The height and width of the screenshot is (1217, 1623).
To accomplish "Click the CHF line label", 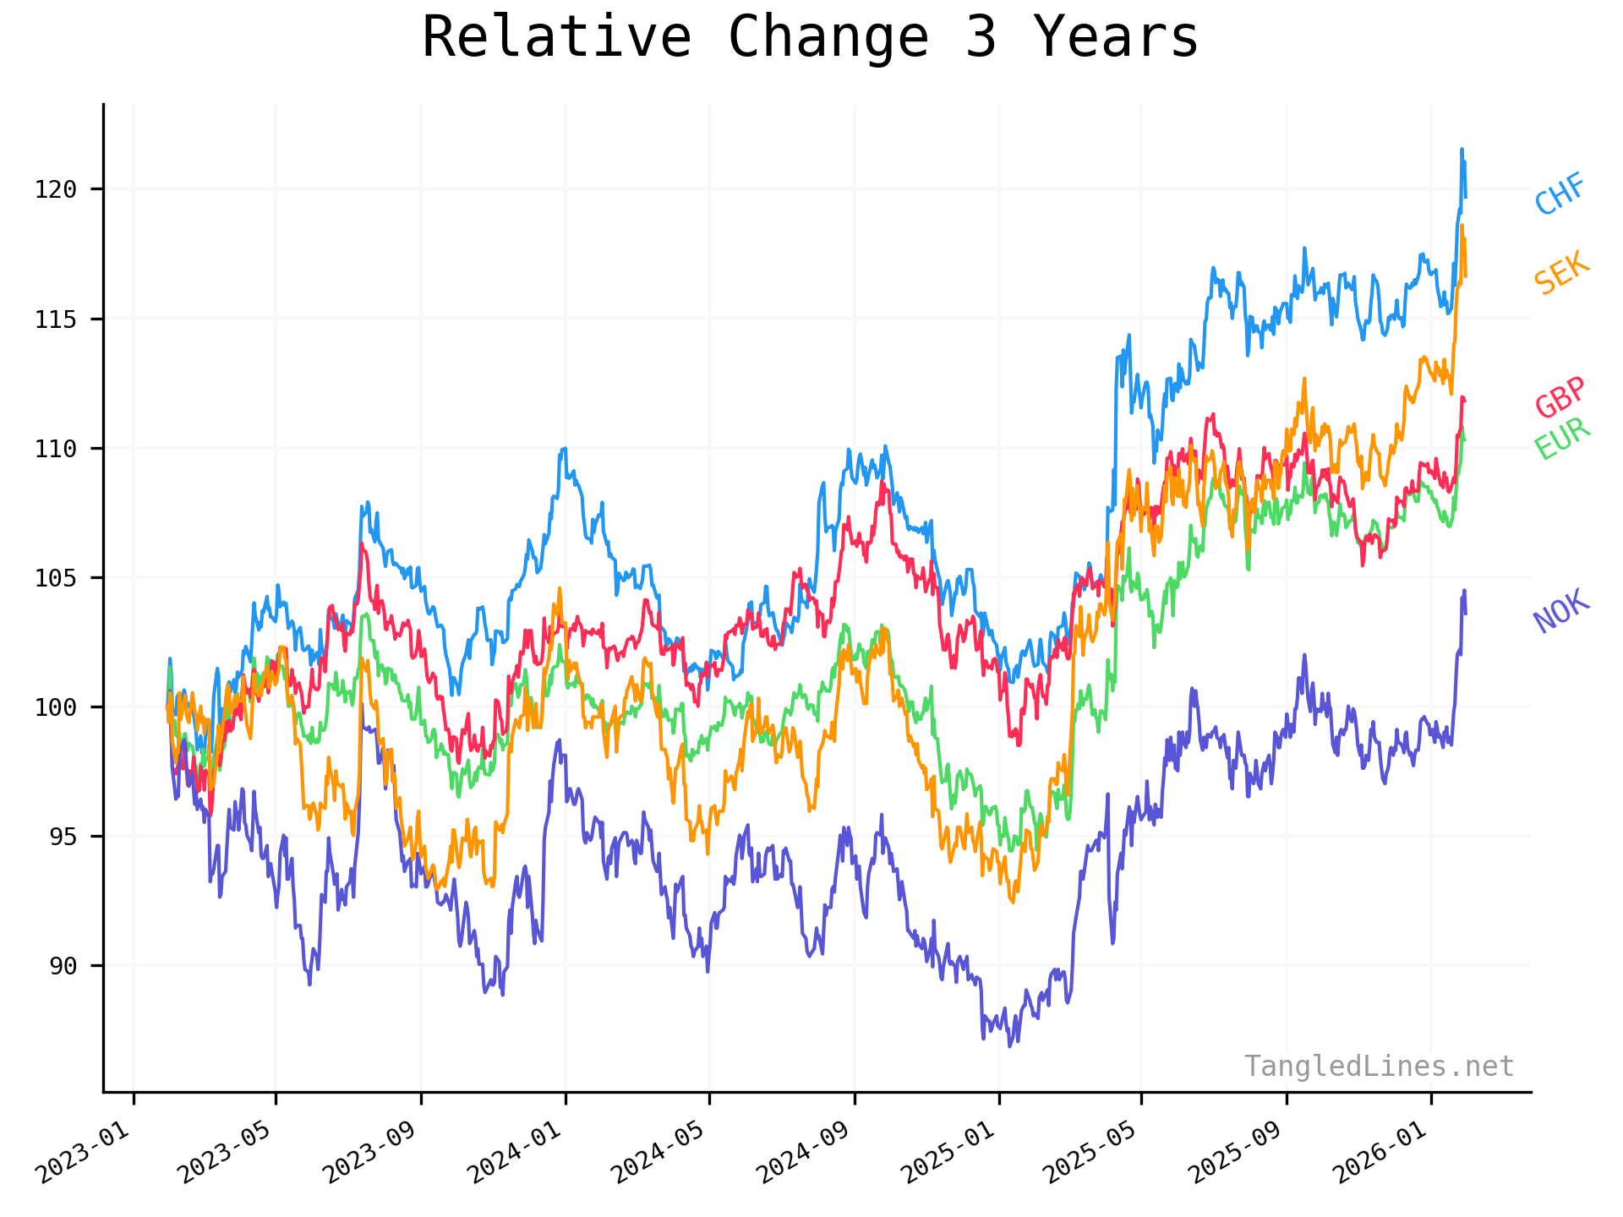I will pyautogui.click(x=1560, y=194).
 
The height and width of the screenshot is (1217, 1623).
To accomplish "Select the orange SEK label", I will pyautogui.click(x=1561, y=274).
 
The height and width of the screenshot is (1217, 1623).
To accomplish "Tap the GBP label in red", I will pyautogui.click(x=1560, y=397).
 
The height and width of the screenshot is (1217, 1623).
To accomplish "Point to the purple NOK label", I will pyautogui.click(x=1561, y=611).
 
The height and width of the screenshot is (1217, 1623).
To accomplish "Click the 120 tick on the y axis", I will pyautogui.click(x=56, y=189).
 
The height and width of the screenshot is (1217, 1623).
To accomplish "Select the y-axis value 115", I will pyautogui.click(x=56, y=319).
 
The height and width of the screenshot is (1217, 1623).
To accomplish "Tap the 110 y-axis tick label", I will pyautogui.click(x=56, y=449).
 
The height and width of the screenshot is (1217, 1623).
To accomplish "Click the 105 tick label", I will pyautogui.click(x=56, y=578).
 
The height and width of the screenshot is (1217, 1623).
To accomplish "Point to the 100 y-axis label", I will pyautogui.click(x=56, y=707).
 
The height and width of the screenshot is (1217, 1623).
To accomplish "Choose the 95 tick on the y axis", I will pyautogui.click(x=63, y=837).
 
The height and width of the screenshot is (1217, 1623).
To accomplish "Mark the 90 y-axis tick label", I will pyautogui.click(x=63, y=966).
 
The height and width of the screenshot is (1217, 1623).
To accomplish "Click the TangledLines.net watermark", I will pyautogui.click(x=1379, y=1067).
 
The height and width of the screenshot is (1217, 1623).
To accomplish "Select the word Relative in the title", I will pyautogui.click(x=557, y=37).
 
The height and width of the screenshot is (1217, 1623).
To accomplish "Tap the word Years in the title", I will pyautogui.click(x=1116, y=37).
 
